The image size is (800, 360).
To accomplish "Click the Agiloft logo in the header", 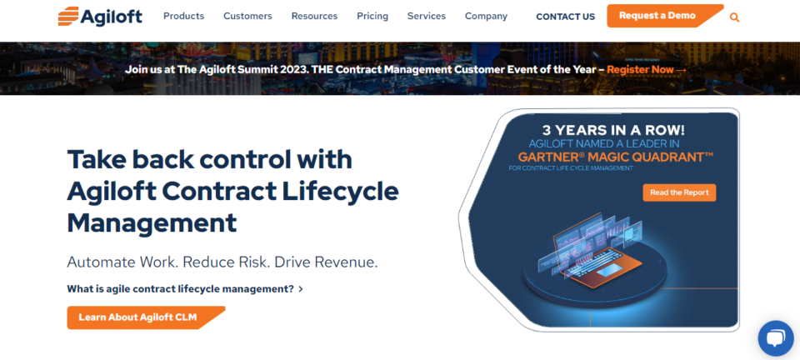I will tap(100, 16).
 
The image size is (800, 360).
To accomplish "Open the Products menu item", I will tap(184, 16).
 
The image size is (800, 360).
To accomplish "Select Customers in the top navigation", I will tap(247, 16).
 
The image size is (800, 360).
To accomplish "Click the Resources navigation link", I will tap(314, 16).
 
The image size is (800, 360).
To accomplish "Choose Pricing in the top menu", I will tap(372, 16).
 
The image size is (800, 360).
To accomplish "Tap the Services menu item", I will tap(427, 16).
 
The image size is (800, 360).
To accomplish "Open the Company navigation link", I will tap(486, 16).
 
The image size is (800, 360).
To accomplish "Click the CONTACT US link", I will tap(565, 17).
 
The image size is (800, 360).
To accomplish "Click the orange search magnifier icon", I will tap(734, 17).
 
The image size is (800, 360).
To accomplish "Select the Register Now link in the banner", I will tap(646, 69).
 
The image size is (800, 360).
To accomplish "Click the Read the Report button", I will tap(679, 192).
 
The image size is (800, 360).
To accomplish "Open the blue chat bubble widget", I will tap(775, 337).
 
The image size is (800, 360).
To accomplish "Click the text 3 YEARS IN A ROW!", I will tap(614, 130).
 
